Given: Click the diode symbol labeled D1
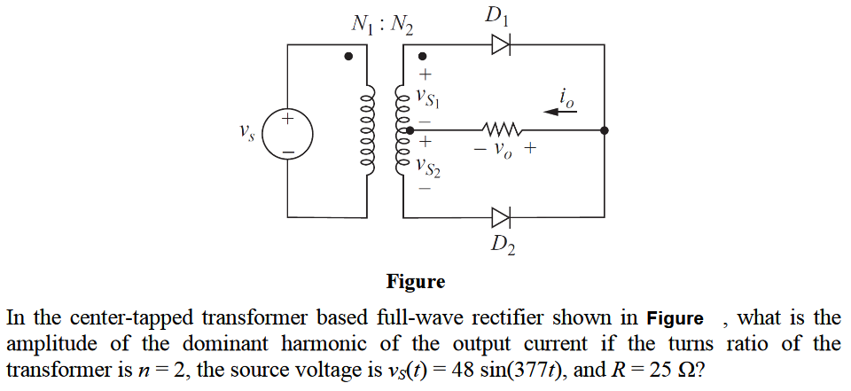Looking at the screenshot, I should [x=502, y=46].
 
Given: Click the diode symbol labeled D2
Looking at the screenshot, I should [x=502, y=216].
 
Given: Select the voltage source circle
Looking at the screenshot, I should [x=288, y=132].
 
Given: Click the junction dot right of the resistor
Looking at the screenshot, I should [x=604, y=130].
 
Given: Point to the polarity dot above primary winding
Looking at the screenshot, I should [x=349, y=56].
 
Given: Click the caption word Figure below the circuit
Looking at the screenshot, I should [x=416, y=282].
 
